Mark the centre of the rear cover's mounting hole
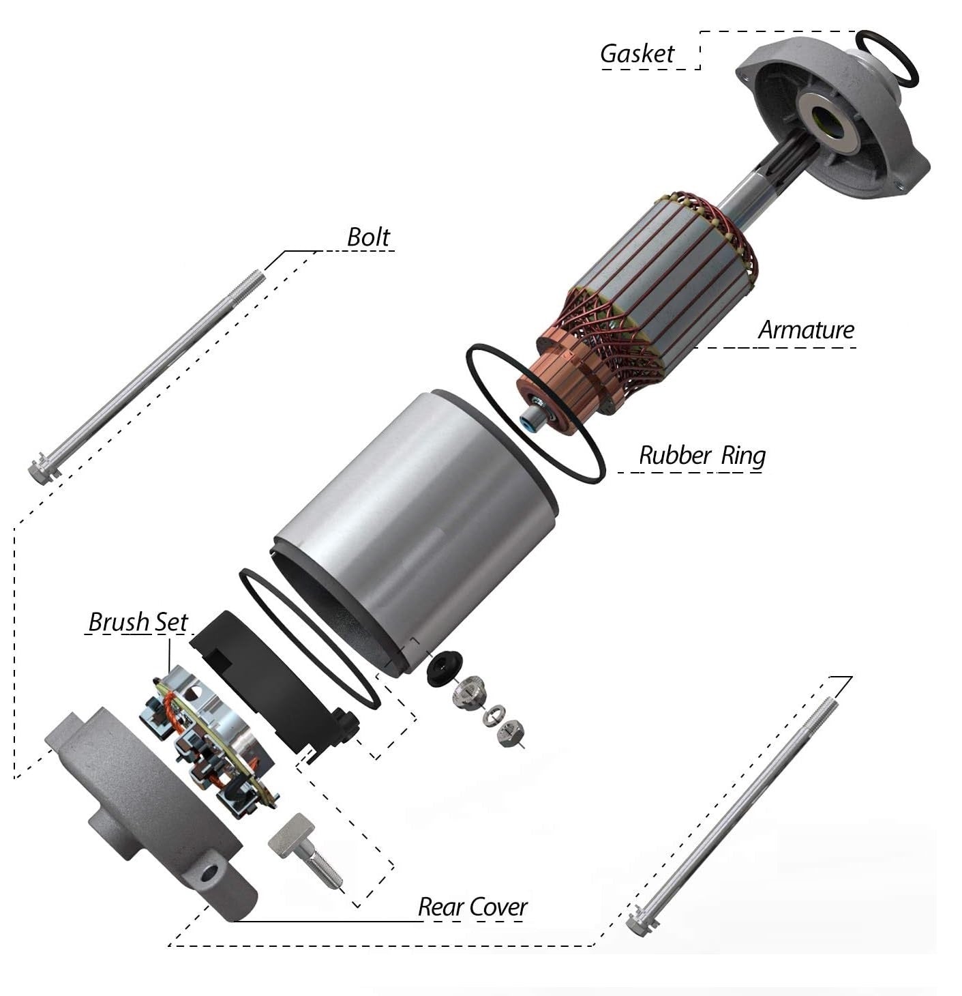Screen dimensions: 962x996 pos(208,873)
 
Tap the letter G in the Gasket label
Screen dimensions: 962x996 pos(609,54)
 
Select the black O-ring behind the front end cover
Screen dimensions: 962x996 pos(886,59)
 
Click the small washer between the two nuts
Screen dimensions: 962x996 pos(493,712)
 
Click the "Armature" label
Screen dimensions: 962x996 pos(805,329)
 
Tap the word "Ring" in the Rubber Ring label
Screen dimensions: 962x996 pos(742,456)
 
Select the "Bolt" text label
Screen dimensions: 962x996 pos(367,237)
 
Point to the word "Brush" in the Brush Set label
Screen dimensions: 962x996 pos(119,622)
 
